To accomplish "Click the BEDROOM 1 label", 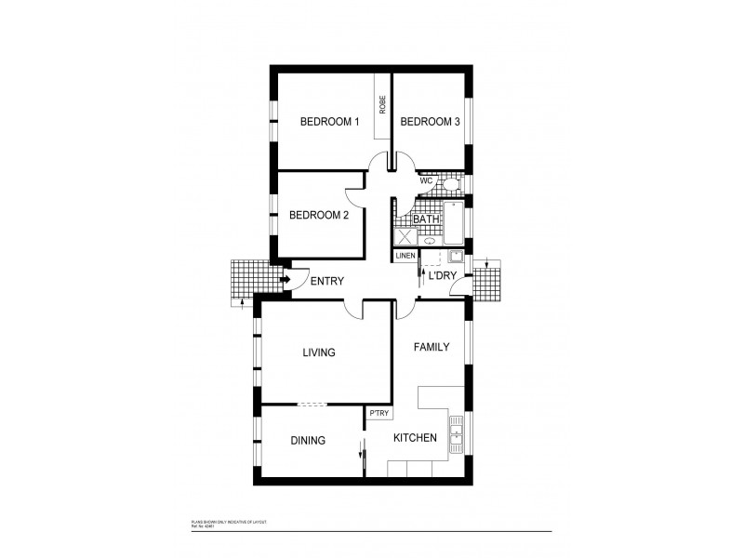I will pyautogui.click(x=329, y=122).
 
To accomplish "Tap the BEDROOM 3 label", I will pyautogui.click(x=430, y=122).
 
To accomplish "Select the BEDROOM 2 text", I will pyautogui.click(x=319, y=215).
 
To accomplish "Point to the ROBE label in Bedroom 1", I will pyautogui.click(x=382, y=104).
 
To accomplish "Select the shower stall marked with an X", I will pyautogui.click(x=405, y=236).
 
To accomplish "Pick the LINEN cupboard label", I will pyautogui.click(x=405, y=256).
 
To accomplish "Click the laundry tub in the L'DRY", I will pyautogui.click(x=455, y=258).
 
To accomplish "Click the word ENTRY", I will pyautogui.click(x=326, y=282).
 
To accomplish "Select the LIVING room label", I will pyautogui.click(x=318, y=352).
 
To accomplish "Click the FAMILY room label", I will pyautogui.click(x=432, y=347).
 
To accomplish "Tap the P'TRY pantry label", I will pyautogui.click(x=379, y=413).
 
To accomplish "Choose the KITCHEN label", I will pyautogui.click(x=415, y=438).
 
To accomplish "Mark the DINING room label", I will pyautogui.click(x=308, y=441).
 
